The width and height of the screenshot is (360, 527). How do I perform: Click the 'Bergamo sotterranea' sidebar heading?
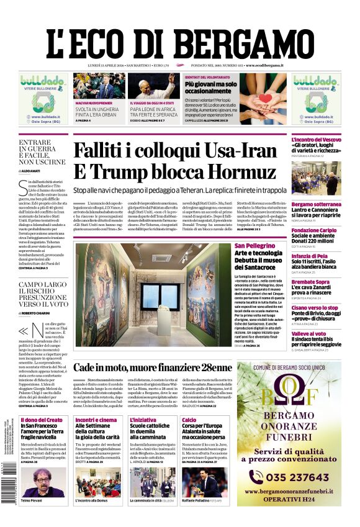[316, 204]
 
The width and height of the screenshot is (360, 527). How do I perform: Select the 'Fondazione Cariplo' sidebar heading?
[315, 230]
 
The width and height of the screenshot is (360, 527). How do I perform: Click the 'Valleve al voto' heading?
[309, 333]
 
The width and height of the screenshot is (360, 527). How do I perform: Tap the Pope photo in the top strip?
[155, 86]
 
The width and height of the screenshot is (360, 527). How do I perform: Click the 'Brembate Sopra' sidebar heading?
[311, 282]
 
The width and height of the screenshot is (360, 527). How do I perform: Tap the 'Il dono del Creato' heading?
[42, 420]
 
